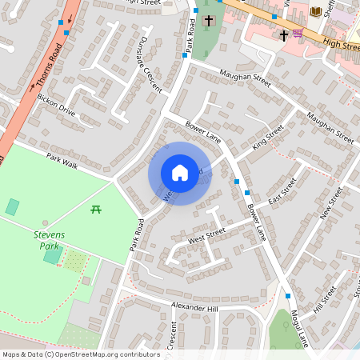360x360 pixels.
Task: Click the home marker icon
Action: (x=180, y=173)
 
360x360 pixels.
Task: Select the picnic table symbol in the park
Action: (x=95, y=210)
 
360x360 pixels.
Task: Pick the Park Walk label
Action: (x=62, y=160)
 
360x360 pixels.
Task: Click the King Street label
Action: (x=268, y=138)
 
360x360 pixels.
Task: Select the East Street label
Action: (x=282, y=191)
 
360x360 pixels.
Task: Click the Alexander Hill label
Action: (x=194, y=306)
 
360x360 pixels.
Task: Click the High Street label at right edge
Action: (x=346, y=46)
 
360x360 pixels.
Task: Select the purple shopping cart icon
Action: (x=298, y=33)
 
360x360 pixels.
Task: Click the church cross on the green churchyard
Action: (x=209, y=20)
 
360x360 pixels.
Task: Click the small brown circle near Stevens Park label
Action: (x=45, y=223)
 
